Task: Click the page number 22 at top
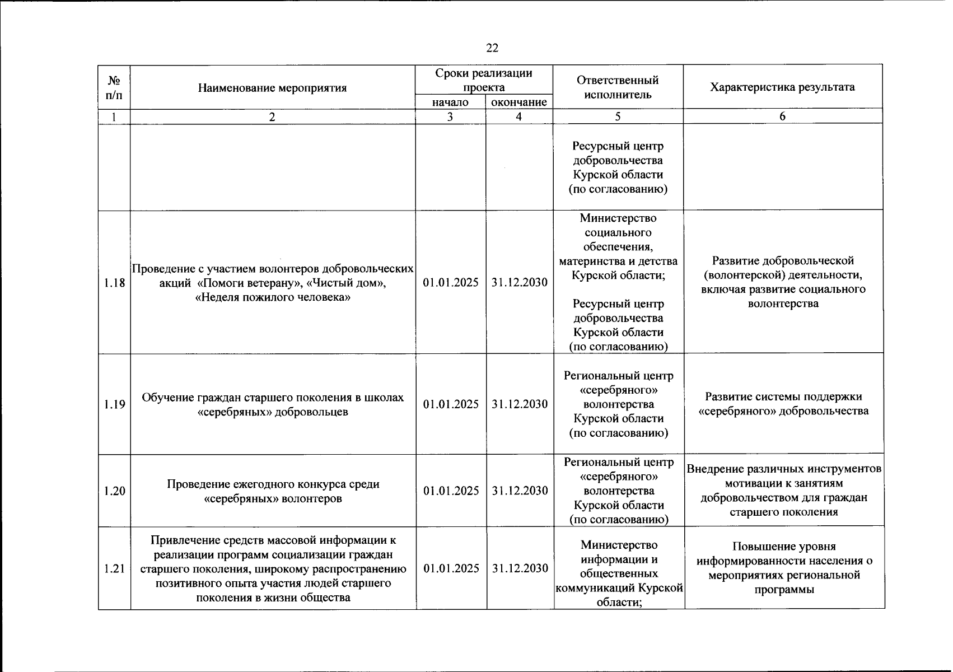(x=492, y=48)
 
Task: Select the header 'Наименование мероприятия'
(x=272, y=88)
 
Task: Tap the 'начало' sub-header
(x=450, y=102)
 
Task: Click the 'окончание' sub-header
(x=518, y=102)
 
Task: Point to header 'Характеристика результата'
(x=782, y=87)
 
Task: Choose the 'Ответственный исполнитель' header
(x=618, y=87)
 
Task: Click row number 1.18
(x=114, y=283)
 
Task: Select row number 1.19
(x=114, y=404)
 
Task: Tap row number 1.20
(x=114, y=491)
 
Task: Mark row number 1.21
(x=114, y=568)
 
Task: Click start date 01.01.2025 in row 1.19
(x=451, y=404)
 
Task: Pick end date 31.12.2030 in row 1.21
(x=520, y=568)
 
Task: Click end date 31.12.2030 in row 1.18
(x=519, y=283)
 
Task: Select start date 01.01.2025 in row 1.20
(x=451, y=491)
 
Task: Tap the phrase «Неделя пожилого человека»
(x=272, y=297)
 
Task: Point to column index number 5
(x=618, y=116)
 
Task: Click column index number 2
(x=272, y=116)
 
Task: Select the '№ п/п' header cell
(x=114, y=88)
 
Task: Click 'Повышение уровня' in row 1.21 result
(x=783, y=547)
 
